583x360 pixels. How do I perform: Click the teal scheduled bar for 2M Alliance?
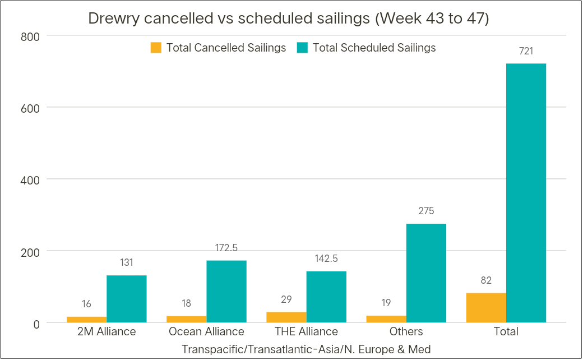click(x=127, y=299)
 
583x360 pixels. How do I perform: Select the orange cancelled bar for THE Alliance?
click(x=286, y=317)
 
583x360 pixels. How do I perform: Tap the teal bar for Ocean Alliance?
click(x=226, y=292)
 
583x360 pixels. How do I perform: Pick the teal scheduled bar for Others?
click(x=426, y=273)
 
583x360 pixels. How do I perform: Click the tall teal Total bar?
click(x=526, y=193)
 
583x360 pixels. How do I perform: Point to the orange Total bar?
click(x=486, y=308)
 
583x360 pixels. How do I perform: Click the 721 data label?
click(x=526, y=52)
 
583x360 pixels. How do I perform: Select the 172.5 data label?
click(x=226, y=248)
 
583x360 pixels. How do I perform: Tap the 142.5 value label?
click(x=326, y=259)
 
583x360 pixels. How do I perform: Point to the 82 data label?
click(x=486, y=280)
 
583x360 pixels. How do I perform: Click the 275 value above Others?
click(x=426, y=211)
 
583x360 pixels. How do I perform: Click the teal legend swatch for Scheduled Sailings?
click(x=303, y=48)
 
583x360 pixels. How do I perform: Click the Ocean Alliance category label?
click(x=206, y=331)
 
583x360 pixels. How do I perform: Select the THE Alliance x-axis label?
click(x=306, y=331)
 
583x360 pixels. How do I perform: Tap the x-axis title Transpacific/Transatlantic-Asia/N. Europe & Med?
click(x=306, y=349)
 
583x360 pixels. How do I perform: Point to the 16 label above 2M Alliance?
click(x=86, y=304)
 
